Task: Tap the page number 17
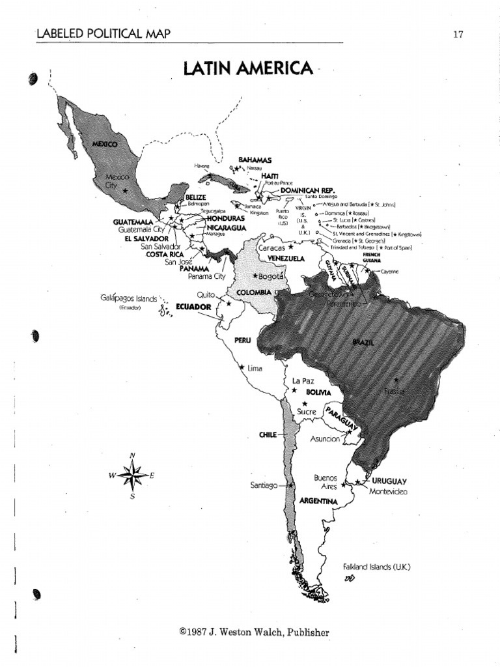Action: point(458,35)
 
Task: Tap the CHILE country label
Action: point(268,434)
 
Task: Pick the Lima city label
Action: point(255,369)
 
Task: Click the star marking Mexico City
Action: point(135,190)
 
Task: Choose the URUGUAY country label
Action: point(389,481)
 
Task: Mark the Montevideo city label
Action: point(388,491)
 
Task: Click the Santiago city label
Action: point(264,485)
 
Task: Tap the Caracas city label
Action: point(272,248)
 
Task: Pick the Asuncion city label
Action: point(326,439)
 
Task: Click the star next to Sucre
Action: point(304,404)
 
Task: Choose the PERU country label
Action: point(243,341)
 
